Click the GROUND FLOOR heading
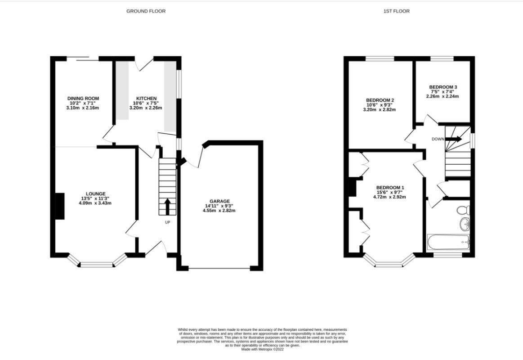146,11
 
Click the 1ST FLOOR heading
396,11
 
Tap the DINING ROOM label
83,99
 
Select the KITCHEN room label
146,99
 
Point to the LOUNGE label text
96,194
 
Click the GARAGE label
219,201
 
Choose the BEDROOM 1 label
390,188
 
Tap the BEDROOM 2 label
380,100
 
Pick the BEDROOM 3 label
443,87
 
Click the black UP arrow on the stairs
167,207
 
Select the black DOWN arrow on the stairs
454,139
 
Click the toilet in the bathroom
463,210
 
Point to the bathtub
448,242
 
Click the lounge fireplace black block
60,206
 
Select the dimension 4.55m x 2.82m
219,211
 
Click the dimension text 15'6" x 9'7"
389,192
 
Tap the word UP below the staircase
167,222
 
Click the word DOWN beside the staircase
438,139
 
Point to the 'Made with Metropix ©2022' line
263,349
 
